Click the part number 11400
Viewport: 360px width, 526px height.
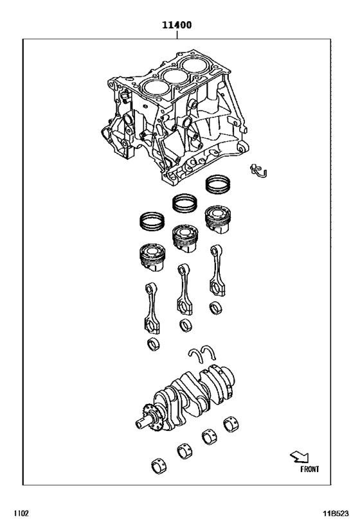coord(175,26)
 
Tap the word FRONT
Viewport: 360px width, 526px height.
coord(309,469)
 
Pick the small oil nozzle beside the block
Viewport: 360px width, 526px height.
coord(260,170)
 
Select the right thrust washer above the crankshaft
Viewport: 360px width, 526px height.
coord(210,350)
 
